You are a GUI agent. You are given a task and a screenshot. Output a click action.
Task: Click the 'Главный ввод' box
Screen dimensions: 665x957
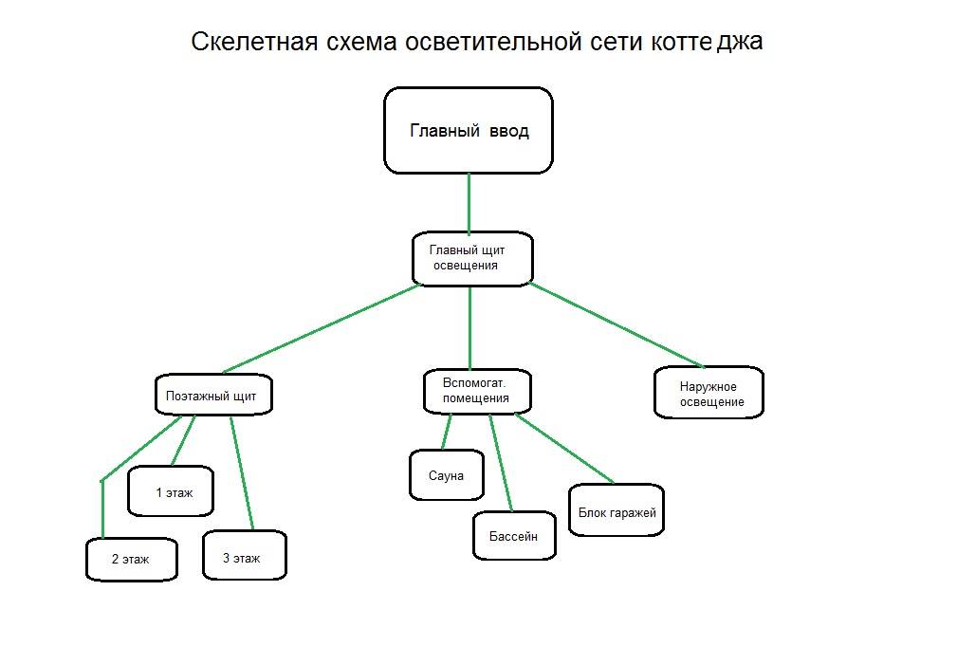(x=469, y=131)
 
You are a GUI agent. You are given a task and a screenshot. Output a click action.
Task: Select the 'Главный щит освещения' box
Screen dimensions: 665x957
(x=472, y=258)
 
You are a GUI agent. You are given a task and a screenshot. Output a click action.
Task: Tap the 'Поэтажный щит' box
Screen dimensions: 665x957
(x=213, y=395)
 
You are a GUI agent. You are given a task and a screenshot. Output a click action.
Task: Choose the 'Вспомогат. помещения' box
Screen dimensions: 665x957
(x=476, y=391)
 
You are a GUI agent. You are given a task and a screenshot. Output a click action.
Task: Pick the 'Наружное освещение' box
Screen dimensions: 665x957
(x=709, y=394)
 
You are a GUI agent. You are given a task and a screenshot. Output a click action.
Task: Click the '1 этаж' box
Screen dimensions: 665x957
(x=171, y=491)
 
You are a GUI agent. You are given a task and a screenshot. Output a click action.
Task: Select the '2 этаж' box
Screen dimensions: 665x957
(x=131, y=559)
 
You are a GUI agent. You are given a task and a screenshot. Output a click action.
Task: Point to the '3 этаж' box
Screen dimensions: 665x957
(x=244, y=557)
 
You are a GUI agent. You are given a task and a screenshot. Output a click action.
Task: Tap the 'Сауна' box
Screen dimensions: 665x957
(x=446, y=475)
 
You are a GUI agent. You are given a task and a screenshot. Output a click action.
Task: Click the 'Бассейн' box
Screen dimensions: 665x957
(x=514, y=536)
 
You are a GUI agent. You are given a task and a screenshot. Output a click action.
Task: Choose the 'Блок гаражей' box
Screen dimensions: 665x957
(x=617, y=512)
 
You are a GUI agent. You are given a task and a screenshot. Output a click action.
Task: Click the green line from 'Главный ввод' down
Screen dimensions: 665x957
(x=469, y=202)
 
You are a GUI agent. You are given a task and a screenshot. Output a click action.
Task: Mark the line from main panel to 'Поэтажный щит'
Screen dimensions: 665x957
(x=321, y=328)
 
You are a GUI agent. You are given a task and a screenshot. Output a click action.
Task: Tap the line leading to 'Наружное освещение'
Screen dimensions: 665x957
(x=617, y=324)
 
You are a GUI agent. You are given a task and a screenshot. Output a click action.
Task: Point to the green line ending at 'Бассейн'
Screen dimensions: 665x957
(x=501, y=462)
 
